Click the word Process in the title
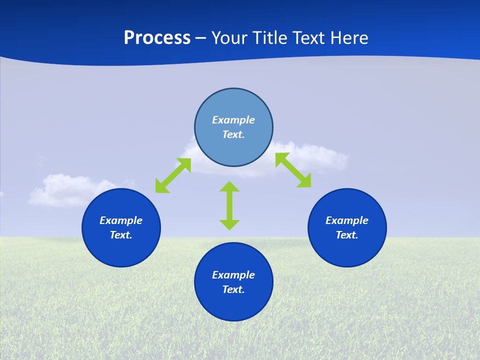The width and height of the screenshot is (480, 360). click(157, 38)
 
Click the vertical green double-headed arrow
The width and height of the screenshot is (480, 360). click(229, 205)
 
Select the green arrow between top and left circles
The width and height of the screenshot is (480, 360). click(173, 175)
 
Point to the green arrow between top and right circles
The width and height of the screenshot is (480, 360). click(293, 170)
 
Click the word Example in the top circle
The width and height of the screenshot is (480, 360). click(233, 120)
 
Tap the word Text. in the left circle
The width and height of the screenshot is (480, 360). click(121, 235)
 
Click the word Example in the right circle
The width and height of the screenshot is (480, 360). click(347, 220)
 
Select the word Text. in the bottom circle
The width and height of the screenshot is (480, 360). click(233, 289)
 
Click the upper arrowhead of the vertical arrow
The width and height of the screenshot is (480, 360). click(229, 187)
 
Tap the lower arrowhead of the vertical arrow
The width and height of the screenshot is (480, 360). click(229, 224)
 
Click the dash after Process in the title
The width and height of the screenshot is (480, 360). click(201, 38)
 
